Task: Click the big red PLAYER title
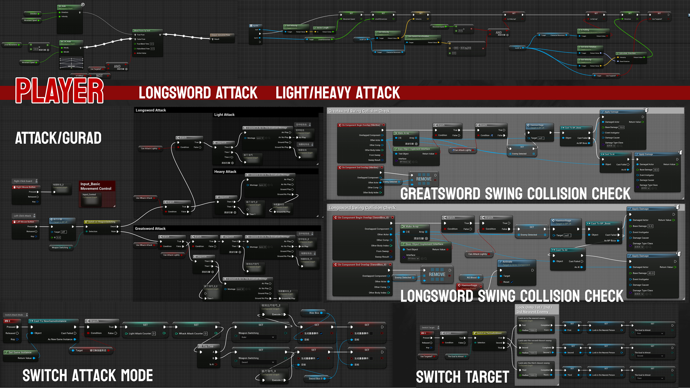(59, 91)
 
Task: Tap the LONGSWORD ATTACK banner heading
(198, 93)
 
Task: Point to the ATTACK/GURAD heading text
(58, 138)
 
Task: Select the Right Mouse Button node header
(26, 187)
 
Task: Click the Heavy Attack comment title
(225, 171)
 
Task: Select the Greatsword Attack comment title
(150, 229)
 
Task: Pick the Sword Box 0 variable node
(316, 379)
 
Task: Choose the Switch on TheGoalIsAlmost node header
(489, 333)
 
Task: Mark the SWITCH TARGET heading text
(462, 377)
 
